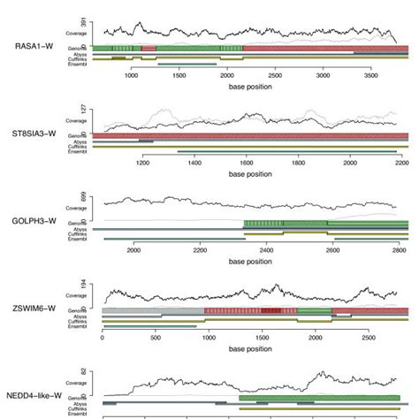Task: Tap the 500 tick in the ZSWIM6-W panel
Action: [x=156, y=338]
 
